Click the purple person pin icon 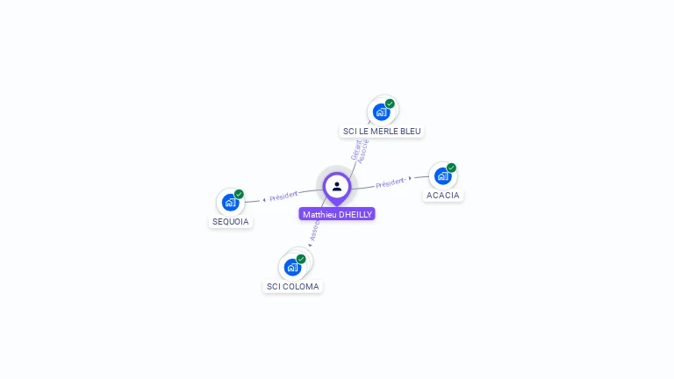(337, 186)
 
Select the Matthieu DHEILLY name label (337, 214)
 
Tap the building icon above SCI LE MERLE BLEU (381, 111)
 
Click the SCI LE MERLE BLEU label (382, 132)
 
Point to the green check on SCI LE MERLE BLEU (390, 104)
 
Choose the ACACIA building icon (442, 175)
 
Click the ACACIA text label (443, 195)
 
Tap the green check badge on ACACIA (451, 168)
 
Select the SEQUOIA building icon (230, 202)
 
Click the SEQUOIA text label (231, 222)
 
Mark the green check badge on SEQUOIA (239, 194)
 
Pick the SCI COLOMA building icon (292, 267)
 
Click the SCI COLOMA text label (293, 287)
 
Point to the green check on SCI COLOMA (301, 259)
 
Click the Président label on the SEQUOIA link (284, 196)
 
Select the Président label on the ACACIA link (390, 182)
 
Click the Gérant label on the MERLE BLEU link (355, 149)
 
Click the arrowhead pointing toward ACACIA (410, 179)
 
